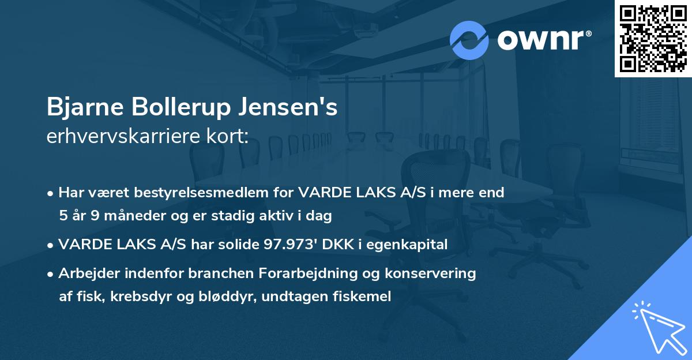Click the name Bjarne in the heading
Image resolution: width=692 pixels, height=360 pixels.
point(85,108)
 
